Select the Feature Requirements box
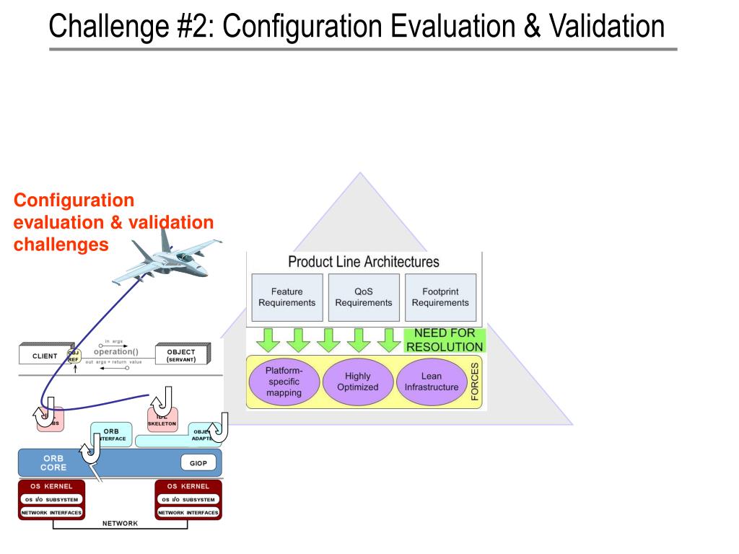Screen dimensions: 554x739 (287, 297)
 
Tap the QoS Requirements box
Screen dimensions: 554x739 (363, 297)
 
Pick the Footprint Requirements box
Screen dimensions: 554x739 (440, 297)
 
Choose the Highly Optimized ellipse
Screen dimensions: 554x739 (357, 382)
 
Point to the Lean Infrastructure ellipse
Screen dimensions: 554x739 (431, 382)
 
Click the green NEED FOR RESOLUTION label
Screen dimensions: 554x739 (444, 340)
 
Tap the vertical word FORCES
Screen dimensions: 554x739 (475, 382)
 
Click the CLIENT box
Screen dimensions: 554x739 (44, 356)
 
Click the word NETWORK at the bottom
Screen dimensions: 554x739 (120, 523)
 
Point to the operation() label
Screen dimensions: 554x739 (115, 352)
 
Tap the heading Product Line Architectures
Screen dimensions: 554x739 (363, 261)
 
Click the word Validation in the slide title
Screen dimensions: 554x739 (606, 27)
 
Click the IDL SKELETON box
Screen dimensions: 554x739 (162, 421)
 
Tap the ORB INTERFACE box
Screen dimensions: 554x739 (113, 435)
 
